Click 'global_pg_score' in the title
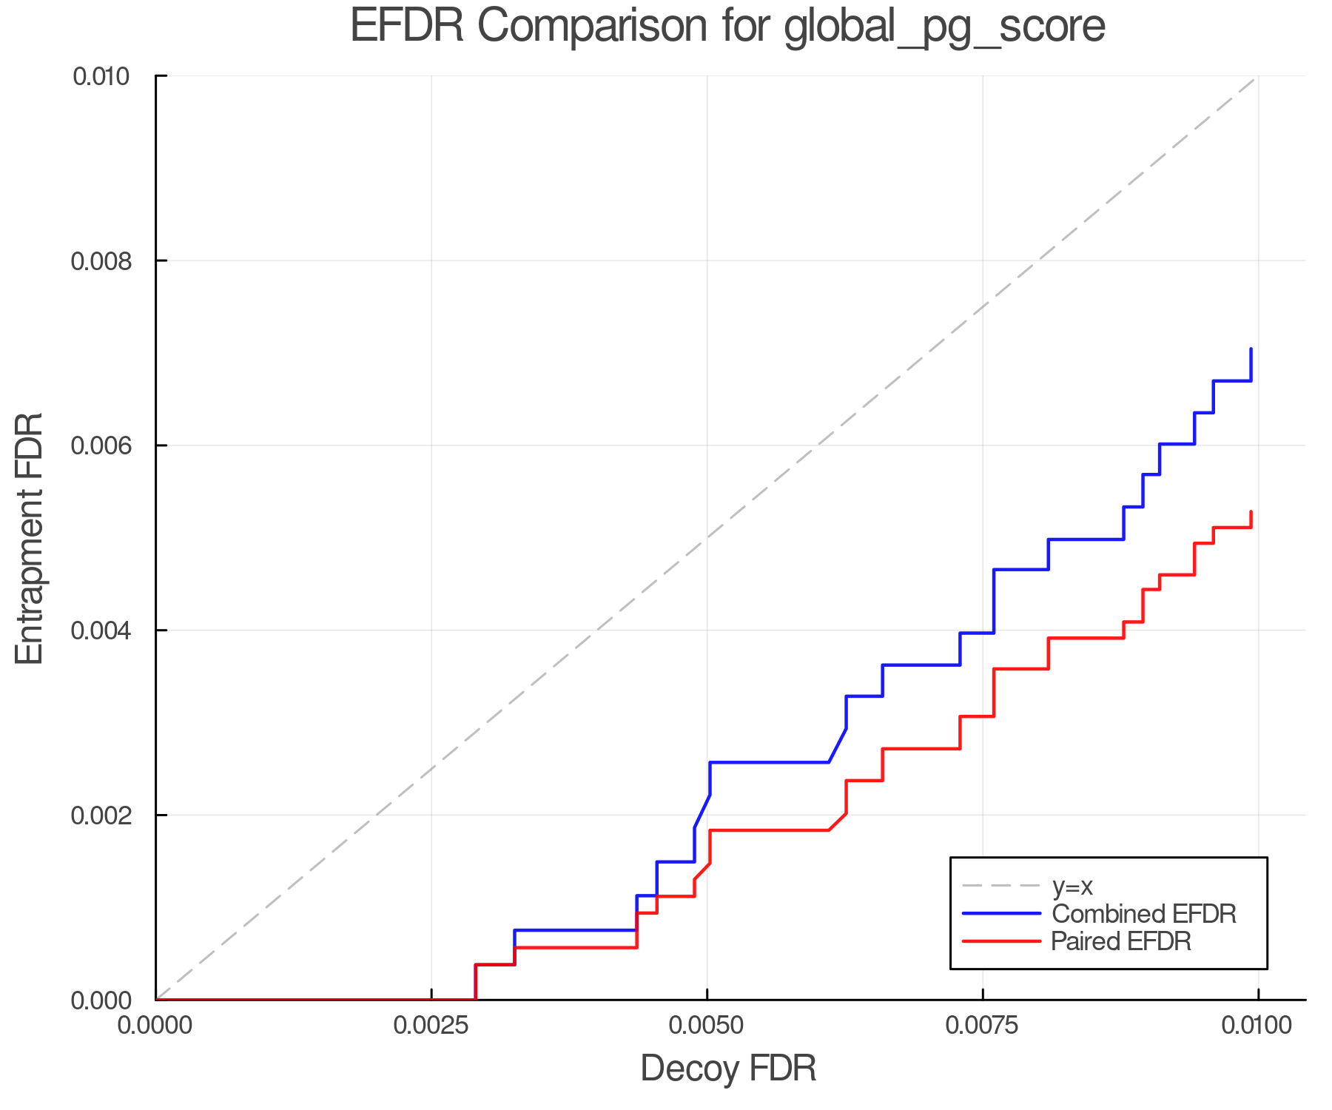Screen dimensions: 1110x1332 [x=944, y=27]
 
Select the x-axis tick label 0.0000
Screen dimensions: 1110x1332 [x=155, y=1026]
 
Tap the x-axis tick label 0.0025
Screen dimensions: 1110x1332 [x=431, y=1026]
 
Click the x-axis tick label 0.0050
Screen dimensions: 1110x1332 [x=707, y=1026]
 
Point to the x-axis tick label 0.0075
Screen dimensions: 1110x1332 [x=982, y=1026]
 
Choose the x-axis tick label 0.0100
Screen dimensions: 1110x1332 [x=1257, y=1026]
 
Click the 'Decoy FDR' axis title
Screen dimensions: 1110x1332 [x=728, y=1069]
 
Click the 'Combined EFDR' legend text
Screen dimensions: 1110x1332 [x=1143, y=914]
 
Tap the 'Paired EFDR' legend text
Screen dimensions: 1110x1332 [x=1121, y=941]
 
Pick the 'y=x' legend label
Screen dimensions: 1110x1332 [x=1072, y=886]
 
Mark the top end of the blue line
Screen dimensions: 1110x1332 [x=1251, y=349]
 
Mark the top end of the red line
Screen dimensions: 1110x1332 [x=1251, y=512]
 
